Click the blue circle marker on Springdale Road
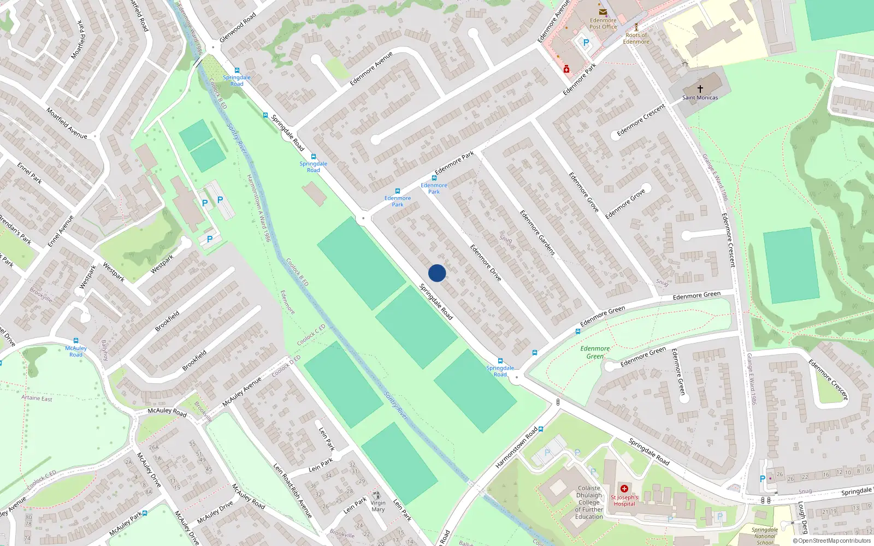tap(437, 273)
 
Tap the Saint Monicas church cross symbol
tap(700, 88)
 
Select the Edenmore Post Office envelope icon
tap(603, 12)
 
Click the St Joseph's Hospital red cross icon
tap(624, 489)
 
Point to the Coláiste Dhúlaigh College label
tap(589, 502)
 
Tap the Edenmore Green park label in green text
tap(595, 352)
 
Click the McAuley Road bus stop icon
tap(76, 341)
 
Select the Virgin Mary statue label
tap(378, 506)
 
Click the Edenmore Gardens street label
tap(537, 233)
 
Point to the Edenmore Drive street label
tap(486, 263)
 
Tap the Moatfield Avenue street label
tap(67, 123)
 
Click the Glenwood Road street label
tap(238, 28)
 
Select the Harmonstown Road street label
tap(516, 448)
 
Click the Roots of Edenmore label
tap(636, 38)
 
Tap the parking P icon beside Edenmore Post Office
tap(586, 43)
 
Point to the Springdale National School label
tap(765, 536)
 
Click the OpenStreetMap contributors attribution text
tap(831, 541)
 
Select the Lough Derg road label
tap(802, 518)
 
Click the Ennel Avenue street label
tap(61, 231)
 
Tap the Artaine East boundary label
tap(37, 398)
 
